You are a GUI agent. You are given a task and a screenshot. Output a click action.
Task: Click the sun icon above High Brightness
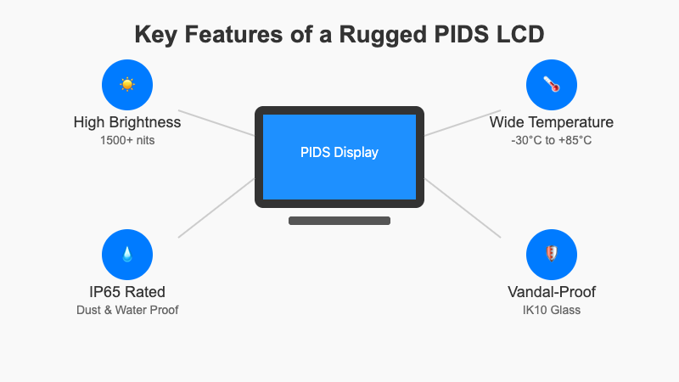(127, 84)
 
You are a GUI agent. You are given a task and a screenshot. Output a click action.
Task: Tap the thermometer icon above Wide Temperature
(552, 84)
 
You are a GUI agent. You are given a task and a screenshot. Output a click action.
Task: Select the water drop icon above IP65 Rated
(127, 254)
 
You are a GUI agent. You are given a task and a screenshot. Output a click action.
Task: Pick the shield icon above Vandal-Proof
(552, 254)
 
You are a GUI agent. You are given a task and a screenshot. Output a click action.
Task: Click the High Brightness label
(127, 122)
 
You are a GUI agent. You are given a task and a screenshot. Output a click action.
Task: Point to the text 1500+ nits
(127, 139)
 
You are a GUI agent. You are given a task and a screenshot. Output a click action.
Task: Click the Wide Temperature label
(552, 122)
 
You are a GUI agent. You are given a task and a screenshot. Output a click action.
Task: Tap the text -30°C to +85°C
(552, 139)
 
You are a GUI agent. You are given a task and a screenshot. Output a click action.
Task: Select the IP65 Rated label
(127, 292)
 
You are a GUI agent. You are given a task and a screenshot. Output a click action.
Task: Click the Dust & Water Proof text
(127, 309)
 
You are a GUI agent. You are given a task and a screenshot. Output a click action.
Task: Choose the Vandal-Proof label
(552, 292)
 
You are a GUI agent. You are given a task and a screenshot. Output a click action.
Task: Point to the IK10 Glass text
(552, 309)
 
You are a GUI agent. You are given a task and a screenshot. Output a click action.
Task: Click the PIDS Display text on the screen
(339, 153)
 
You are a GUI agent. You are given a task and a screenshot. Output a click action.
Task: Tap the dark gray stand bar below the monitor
(339, 221)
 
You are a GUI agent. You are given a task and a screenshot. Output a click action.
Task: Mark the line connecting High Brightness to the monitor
(216, 123)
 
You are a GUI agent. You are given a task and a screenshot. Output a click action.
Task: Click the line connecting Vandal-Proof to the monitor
(463, 208)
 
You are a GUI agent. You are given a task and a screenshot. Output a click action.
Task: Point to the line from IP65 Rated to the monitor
(216, 208)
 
